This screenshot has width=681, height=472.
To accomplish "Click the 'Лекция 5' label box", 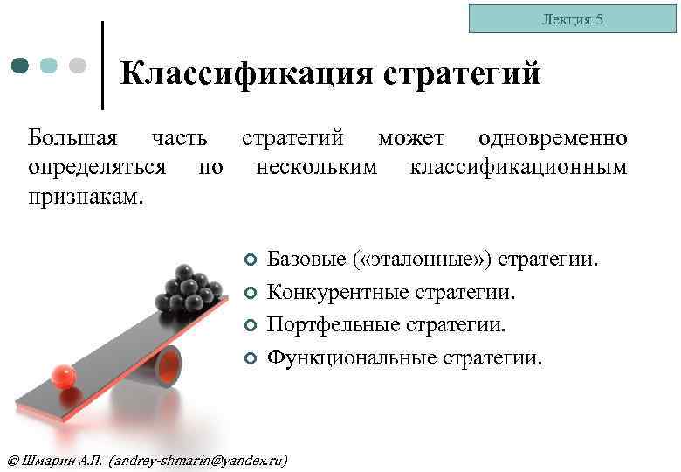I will click(572, 19).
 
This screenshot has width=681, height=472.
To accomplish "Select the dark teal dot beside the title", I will click(22, 66).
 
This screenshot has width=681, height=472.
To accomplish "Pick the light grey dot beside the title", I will click(77, 66).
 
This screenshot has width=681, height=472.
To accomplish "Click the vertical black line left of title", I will click(103, 66).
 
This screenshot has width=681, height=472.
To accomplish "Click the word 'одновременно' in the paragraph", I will click(552, 138).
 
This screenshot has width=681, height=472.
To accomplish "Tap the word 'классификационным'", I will click(518, 166).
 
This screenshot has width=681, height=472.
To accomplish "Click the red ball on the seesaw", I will click(63, 376).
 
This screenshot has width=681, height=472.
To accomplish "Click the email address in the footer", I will click(200, 460).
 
